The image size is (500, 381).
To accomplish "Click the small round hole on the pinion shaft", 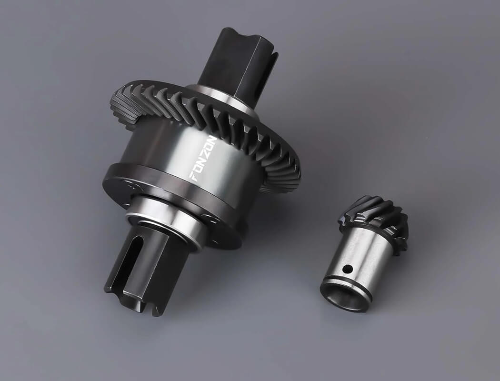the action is pos(348,270).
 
